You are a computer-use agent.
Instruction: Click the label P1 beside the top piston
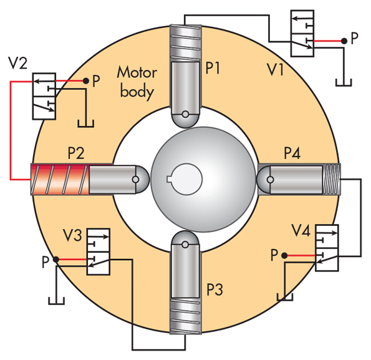point(213,68)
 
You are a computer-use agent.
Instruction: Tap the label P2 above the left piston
point(76,153)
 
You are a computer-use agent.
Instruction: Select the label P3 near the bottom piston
point(215,289)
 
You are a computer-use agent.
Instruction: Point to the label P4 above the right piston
point(292,153)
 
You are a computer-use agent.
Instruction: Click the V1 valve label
point(275,70)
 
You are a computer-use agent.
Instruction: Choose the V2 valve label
point(17,63)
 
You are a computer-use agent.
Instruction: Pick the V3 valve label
point(72,235)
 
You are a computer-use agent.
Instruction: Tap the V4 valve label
point(301,230)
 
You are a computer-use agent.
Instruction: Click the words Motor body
point(137,82)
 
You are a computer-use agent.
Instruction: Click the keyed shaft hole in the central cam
point(186,179)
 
